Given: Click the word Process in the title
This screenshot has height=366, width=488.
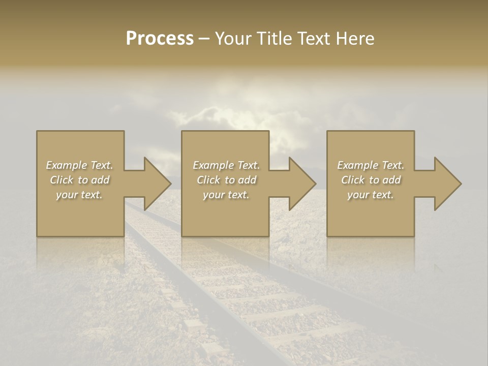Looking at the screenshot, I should point(160,39).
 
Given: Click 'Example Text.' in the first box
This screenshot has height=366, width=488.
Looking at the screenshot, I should point(79,165).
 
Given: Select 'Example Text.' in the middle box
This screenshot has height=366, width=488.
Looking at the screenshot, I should point(226,165).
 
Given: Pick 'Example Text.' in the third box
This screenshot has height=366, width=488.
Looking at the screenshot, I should point(371,165).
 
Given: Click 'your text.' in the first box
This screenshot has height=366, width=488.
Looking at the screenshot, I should point(79,195).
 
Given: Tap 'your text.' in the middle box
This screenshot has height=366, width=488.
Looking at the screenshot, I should point(226,195).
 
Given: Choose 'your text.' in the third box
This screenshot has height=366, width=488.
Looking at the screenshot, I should point(371,195).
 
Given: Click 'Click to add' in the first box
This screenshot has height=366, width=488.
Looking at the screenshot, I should point(79,180).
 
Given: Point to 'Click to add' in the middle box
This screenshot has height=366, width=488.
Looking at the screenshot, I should point(226,180).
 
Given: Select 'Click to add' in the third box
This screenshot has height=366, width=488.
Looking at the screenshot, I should point(371,180).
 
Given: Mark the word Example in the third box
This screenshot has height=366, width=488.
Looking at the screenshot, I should point(358,165).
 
